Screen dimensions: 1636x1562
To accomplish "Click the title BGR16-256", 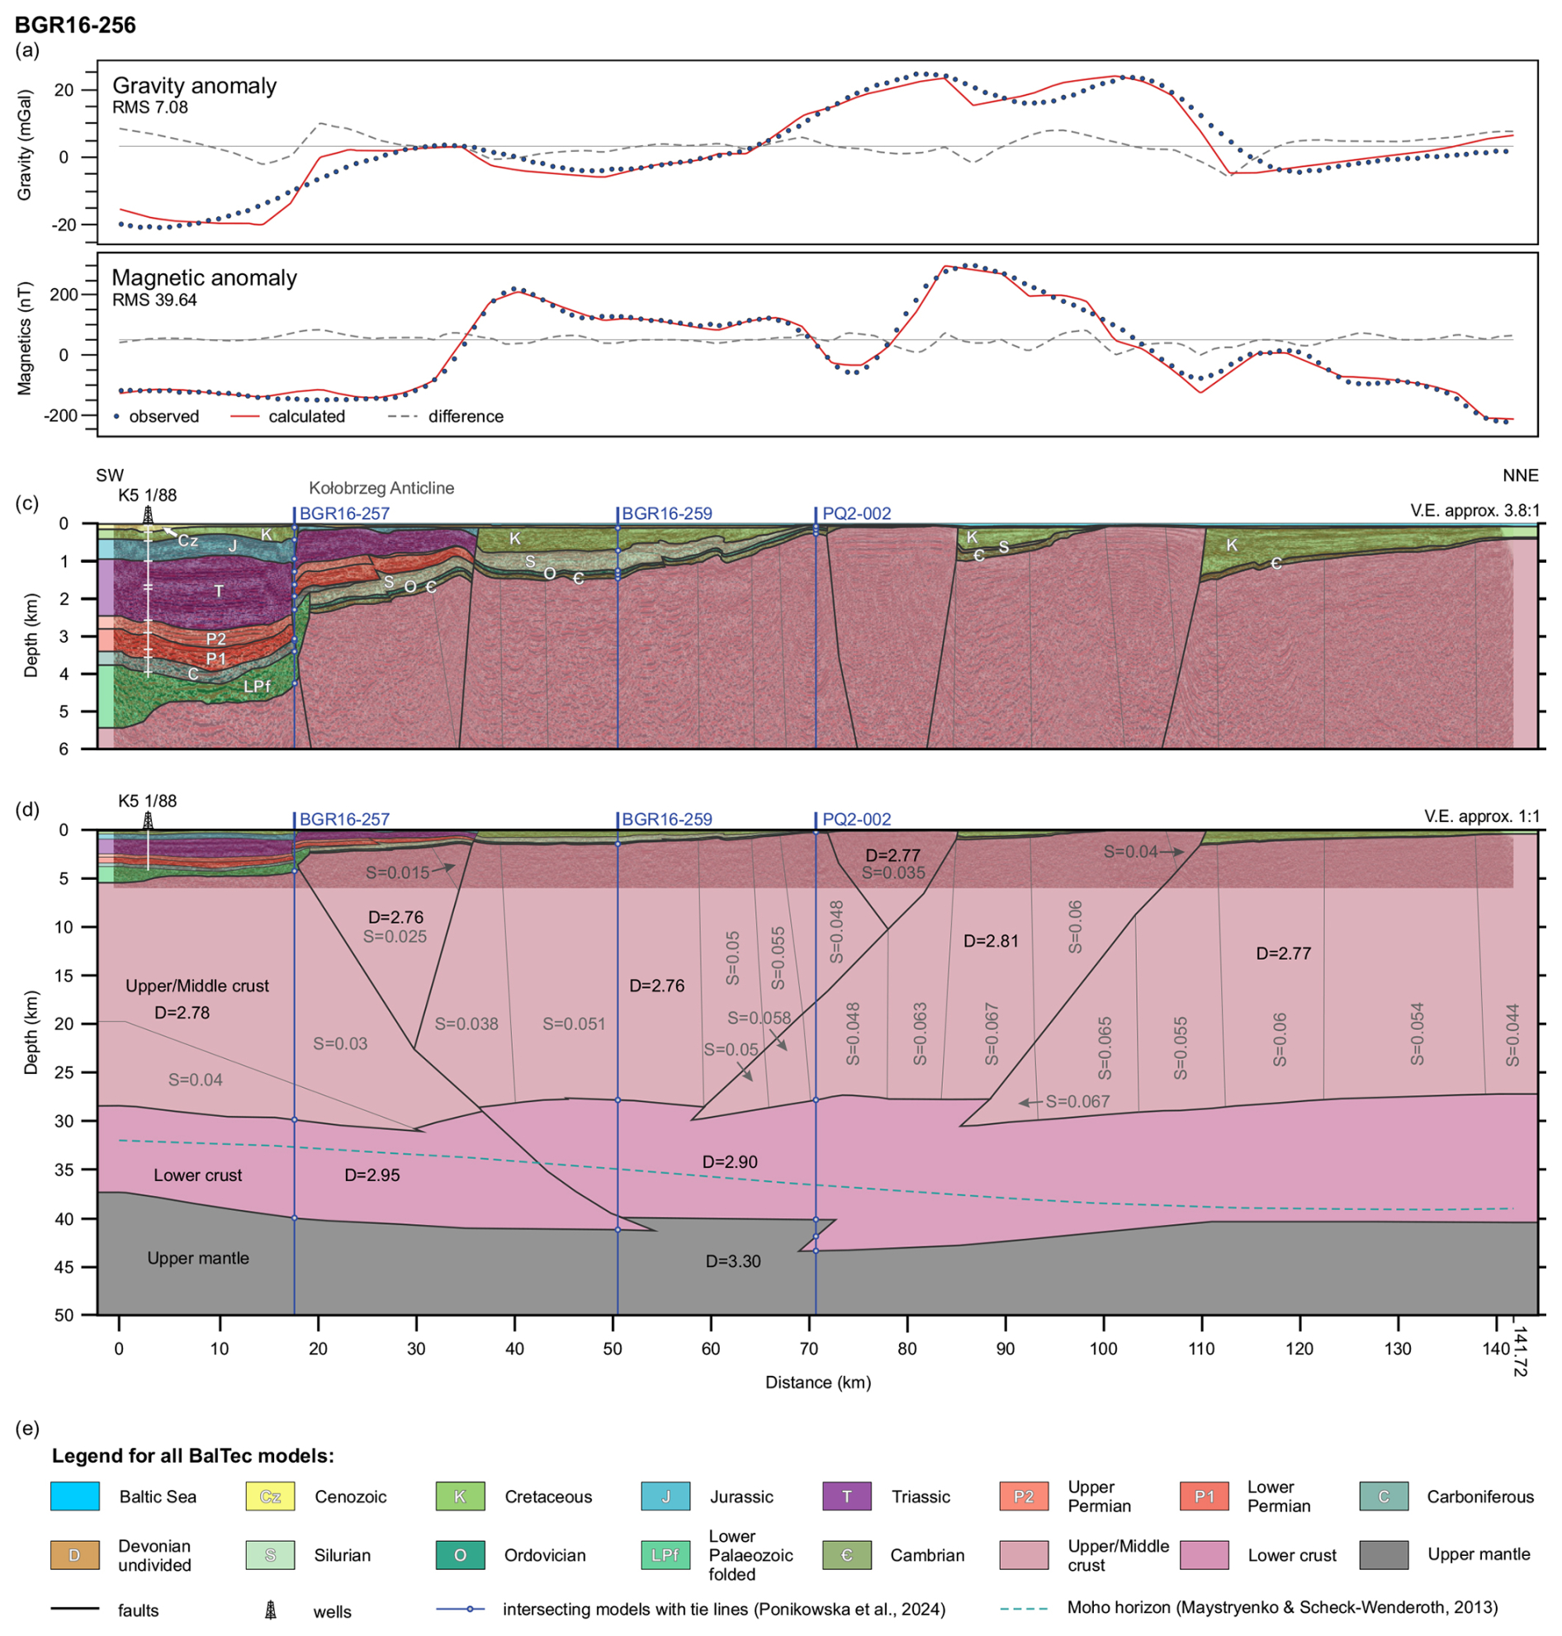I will point(75,25).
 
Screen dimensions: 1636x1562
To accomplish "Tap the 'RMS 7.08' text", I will point(150,107).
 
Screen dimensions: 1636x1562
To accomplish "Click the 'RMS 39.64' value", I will point(154,300).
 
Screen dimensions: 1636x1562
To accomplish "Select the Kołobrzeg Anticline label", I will point(381,489).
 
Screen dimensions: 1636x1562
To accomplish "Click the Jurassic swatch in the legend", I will point(666,1497).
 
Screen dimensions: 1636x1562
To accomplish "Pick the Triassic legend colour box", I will point(847,1497).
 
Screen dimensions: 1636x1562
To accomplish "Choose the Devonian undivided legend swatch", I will point(74,1555).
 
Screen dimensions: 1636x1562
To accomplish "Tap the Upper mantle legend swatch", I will point(1384,1555).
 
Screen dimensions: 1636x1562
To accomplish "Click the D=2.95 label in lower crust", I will point(372,1175).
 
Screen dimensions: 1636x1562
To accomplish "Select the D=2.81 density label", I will point(991,942).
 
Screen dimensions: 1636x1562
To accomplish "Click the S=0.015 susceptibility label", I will point(398,872).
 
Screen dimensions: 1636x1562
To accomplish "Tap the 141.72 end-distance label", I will point(1520,1352).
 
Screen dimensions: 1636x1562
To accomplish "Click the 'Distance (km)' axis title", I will point(817,1383).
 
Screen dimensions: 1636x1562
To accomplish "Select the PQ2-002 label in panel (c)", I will point(856,513).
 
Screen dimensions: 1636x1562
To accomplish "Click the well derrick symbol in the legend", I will point(271,1610).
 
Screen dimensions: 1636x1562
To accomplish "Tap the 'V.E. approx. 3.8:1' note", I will point(1474,511).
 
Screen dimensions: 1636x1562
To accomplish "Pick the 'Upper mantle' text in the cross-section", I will point(198,1258).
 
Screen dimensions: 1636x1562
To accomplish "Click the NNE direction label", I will point(1521,475).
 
